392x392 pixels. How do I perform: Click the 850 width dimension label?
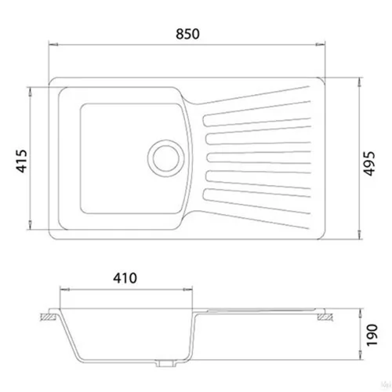[x=187, y=34]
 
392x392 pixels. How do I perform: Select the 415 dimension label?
[x=22, y=161]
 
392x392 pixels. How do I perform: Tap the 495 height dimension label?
[x=369, y=163]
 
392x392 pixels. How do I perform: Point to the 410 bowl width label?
[x=125, y=278]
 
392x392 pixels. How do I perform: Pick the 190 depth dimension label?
[x=372, y=336]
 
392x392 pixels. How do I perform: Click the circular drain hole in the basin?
[x=166, y=158]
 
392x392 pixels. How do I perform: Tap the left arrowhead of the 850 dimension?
[x=53, y=45]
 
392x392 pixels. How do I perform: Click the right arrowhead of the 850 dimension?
[x=321, y=45]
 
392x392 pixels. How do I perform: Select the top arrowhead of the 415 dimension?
[x=30, y=92]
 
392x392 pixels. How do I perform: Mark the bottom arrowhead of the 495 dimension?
[x=360, y=234]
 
